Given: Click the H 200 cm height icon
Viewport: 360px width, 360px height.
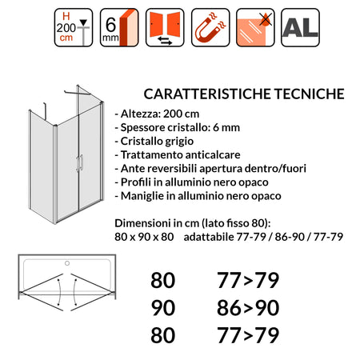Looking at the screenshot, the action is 73,27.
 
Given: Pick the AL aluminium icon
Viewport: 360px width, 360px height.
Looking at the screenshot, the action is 300,27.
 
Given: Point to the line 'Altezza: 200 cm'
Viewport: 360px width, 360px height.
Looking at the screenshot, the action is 157,114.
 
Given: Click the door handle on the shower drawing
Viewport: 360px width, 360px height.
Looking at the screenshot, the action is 78,164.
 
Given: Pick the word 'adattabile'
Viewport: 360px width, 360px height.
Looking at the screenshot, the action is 210,236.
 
